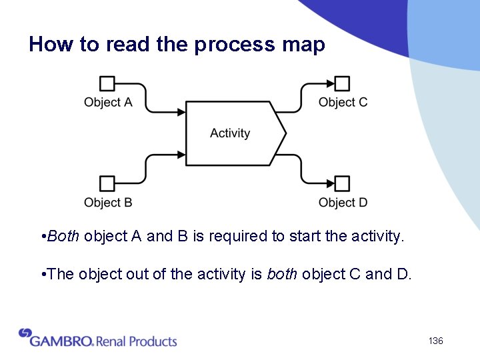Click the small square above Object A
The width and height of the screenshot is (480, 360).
(x=107, y=83)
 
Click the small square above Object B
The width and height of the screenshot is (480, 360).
(x=107, y=183)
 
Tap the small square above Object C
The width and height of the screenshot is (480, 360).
(x=342, y=83)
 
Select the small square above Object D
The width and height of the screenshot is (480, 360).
(x=342, y=183)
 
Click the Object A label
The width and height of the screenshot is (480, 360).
(x=107, y=102)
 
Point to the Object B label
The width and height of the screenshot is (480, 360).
(x=107, y=202)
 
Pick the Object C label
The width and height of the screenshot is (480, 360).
(x=343, y=102)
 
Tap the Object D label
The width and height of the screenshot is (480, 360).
(x=343, y=202)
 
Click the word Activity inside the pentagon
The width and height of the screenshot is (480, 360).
(x=230, y=133)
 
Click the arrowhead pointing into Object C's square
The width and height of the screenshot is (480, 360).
(x=330, y=83)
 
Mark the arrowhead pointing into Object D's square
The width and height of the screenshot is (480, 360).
(x=330, y=183)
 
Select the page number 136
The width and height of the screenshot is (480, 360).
(x=436, y=341)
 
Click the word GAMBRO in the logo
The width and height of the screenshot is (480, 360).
(x=61, y=341)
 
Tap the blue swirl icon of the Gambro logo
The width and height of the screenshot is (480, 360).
(x=25, y=333)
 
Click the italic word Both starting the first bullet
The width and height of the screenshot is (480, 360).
(x=64, y=236)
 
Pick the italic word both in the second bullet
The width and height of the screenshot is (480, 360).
(x=283, y=274)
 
